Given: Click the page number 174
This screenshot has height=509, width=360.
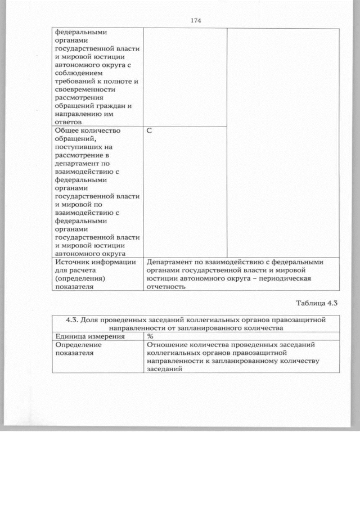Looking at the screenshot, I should (196, 21).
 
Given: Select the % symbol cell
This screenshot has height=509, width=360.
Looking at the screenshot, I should (150, 336).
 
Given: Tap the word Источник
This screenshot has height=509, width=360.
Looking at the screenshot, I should (73, 262).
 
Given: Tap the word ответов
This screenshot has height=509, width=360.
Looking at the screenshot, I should (69, 121).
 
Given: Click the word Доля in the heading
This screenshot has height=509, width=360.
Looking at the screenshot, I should (89, 319).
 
